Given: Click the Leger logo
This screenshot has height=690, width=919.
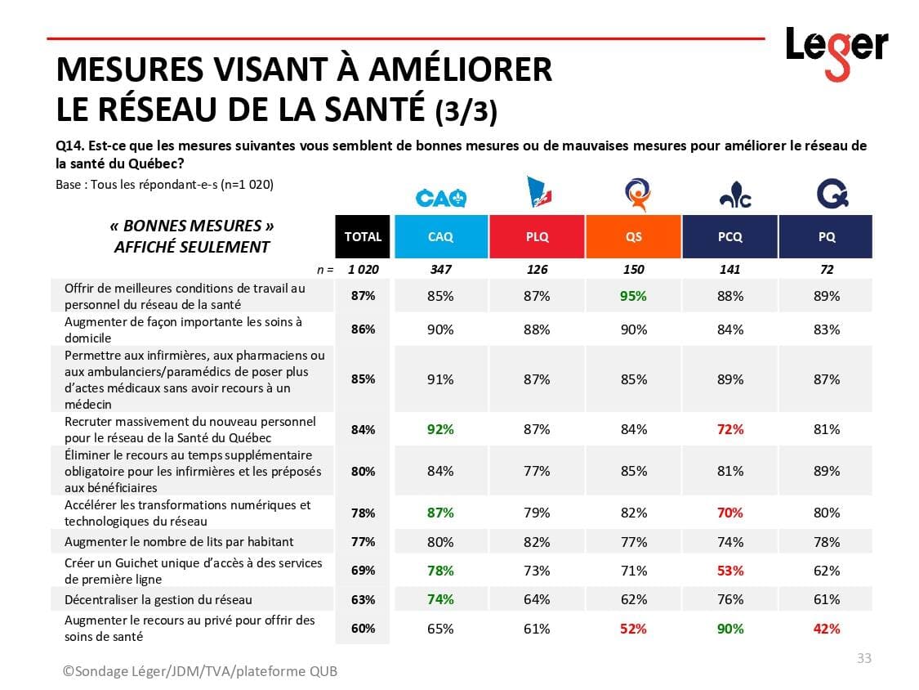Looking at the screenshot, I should [836, 51].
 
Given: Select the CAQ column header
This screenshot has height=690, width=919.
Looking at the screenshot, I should [440, 236].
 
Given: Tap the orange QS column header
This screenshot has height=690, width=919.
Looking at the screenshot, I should [633, 236].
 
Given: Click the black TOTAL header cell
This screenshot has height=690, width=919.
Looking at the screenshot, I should [363, 236].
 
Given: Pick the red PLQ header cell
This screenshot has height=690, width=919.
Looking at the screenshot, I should [537, 236].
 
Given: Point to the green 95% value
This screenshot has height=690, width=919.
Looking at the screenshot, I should [633, 296].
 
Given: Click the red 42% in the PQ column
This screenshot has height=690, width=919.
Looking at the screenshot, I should [827, 629].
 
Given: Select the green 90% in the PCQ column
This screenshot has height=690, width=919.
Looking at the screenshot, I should [730, 629].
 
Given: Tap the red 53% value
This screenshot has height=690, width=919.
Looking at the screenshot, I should [730, 571].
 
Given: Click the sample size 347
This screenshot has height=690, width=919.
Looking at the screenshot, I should [440, 269].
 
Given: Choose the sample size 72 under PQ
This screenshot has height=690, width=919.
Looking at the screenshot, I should [827, 269].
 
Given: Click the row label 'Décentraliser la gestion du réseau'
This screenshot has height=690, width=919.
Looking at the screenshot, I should [158, 599].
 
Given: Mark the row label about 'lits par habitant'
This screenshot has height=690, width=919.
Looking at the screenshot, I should [179, 541].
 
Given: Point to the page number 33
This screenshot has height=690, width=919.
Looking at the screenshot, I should [863, 658].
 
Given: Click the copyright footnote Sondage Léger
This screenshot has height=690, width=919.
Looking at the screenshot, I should [200, 671].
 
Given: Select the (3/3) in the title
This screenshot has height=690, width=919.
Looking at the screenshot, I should [466, 111].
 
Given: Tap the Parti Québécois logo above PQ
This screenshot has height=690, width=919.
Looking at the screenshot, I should [832, 195].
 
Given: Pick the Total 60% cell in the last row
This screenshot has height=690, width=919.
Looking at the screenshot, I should [363, 629].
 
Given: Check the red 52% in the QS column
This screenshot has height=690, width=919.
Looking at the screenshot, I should [633, 629].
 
